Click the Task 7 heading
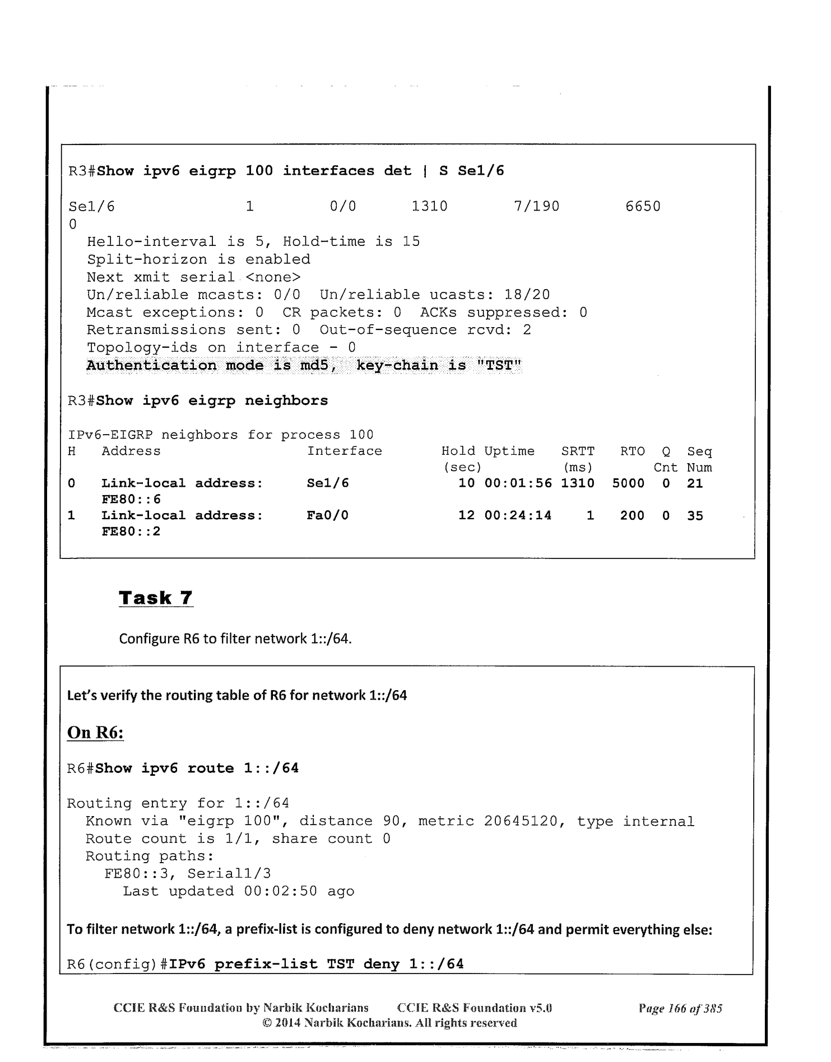pos(156,598)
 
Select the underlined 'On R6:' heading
pos(95,733)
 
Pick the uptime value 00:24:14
pos(518,515)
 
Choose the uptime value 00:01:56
pos(518,483)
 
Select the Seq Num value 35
pos(695,515)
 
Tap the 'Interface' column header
pos(344,451)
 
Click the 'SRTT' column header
pos(578,451)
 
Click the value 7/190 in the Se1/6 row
pos(536,207)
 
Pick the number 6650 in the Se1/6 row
pos(643,207)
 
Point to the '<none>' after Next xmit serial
pos(273,277)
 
